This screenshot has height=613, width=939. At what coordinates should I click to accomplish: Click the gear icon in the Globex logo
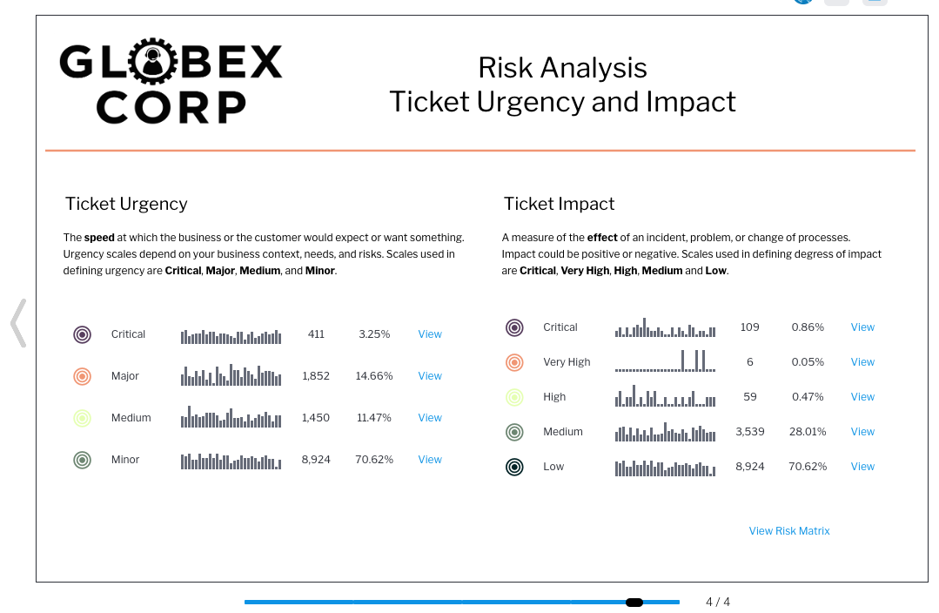point(152,61)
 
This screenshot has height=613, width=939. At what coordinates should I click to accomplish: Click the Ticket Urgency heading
point(126,204)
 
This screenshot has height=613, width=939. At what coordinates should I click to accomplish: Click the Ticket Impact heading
point(559,204)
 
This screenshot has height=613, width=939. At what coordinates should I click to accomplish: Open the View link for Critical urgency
point(429,334)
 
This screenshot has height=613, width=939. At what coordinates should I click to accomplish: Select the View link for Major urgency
point(429,376)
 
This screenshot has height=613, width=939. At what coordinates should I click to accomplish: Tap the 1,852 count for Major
point(316,376)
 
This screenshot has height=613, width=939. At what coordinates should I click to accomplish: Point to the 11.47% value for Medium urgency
point(373,418)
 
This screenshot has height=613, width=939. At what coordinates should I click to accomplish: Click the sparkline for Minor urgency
point(231,461)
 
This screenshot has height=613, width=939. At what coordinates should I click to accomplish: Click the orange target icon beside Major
point(82,376)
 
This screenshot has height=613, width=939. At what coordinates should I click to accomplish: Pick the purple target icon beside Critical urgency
point(82,334)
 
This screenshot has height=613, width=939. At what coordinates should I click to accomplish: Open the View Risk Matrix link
point(789,531)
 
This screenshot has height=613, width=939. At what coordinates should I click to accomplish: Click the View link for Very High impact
point(862,362)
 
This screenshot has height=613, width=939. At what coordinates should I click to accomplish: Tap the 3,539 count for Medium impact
point(750,431)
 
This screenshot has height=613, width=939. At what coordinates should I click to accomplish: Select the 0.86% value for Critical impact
point(808,327)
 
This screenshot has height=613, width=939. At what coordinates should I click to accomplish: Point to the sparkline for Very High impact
point(665,360)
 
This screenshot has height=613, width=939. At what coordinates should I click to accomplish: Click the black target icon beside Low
point(514,467)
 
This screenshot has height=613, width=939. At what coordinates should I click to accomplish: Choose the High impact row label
point(554,397)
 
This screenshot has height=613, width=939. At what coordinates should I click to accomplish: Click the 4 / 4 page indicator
point(717,602)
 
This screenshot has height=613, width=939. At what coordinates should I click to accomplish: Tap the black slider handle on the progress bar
point(634,603)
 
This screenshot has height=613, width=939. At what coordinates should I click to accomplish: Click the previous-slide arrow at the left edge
point(18,323)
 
